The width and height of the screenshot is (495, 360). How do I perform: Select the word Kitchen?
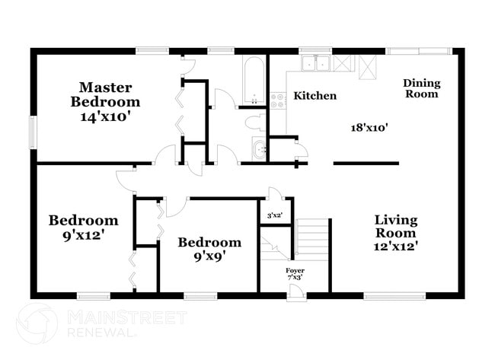(x=315, y=96)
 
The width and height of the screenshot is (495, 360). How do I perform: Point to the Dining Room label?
(x=421, y=88)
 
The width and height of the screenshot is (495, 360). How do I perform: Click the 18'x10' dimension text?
(x=364, y=128)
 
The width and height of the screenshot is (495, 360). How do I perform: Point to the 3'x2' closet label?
(x=274, y=215)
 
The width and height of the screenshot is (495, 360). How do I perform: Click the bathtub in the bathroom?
(x=254, y=80)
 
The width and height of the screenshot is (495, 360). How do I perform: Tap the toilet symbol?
(x=257, y=122)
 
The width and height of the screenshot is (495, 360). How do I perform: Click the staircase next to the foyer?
(x=312, y=238)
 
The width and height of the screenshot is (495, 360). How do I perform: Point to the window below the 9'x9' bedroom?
(x=200, y=295)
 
